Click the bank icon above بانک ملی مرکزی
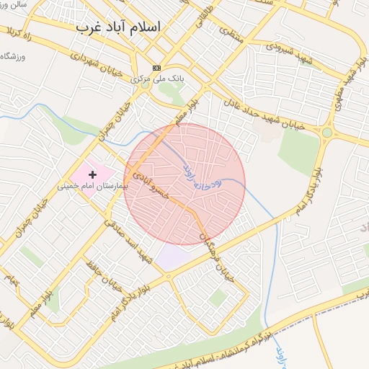[156, 68]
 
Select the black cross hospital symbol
[92, 174]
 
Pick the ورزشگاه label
[14, 56]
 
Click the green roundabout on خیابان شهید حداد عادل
[327, 133]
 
